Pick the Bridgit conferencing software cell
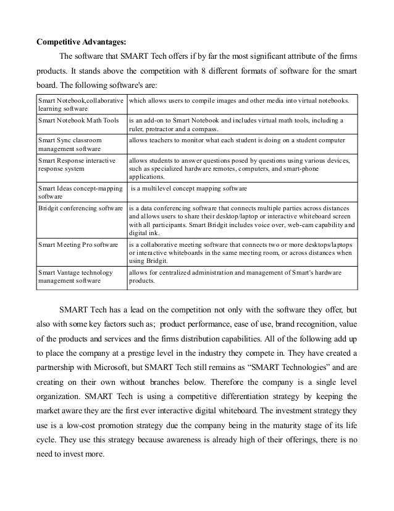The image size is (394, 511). [80, 208]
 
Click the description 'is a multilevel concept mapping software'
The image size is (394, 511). [188, 187]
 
